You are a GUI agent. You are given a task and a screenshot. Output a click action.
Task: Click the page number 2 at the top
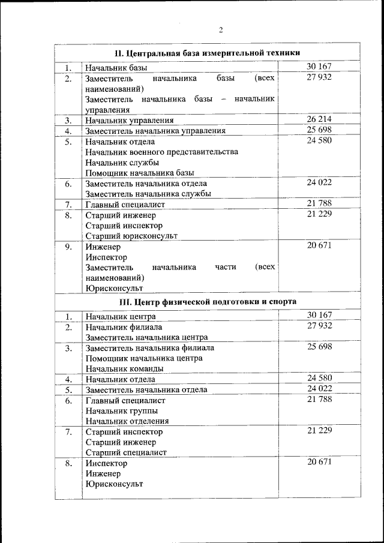tap(221, 30)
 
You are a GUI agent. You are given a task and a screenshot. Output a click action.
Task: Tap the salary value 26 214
tap(319, 119)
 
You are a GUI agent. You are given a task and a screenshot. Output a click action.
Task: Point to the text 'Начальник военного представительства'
tap(161, 152)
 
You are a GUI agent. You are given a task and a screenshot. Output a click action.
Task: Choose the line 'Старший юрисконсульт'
tap(131, 236)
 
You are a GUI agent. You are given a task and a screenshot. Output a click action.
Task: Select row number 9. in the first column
tap(68, 247)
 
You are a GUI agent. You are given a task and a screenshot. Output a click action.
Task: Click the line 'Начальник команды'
tap(121, 369)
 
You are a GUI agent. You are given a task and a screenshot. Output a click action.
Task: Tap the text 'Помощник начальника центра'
tap(144, 358)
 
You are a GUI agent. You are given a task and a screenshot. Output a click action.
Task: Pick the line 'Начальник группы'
tap(122, 411)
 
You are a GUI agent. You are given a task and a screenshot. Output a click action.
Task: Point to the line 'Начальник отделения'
tap(127, 421)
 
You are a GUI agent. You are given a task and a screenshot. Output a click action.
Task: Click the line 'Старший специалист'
tap(126, 452)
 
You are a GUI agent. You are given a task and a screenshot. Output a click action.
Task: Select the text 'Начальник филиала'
tap(124, 327)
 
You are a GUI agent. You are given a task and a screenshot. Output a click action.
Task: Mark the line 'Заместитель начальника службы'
tap(148, 194)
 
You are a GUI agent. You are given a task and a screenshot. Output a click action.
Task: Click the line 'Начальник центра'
tap(121, 316)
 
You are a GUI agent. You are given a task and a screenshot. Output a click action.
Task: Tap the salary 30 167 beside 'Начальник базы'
tap(319, 67)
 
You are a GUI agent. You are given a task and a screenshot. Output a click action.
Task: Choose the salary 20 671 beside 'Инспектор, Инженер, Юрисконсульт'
tap(319, 461)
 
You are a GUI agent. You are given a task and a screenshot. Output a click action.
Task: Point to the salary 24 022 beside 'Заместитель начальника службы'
tap(319, 182)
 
